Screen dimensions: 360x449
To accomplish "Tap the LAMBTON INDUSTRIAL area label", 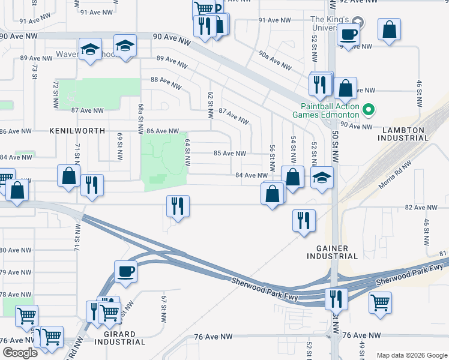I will coord(403,133).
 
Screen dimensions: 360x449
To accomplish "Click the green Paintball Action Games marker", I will coord(370,109).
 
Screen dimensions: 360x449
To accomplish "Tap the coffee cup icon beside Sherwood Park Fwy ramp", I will coord(125,271).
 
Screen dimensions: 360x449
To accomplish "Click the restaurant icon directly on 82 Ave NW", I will coord(178,206).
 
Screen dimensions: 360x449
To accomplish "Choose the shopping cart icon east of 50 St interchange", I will coord(380,303).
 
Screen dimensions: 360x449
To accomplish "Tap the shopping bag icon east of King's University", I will coord(390,30).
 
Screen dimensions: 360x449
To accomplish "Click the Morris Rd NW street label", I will coord(396,173).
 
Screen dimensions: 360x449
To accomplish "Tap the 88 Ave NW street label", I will coord(166,83).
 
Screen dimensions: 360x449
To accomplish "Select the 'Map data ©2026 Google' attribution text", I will coord(411,355).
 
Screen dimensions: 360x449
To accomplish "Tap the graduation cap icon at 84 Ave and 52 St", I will coord(322,178).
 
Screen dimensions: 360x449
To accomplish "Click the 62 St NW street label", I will coord(210,104).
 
